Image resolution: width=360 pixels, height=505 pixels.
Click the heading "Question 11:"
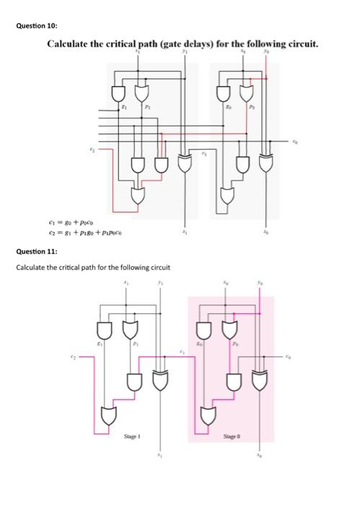34,251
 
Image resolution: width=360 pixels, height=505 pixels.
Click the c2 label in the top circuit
91,149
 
